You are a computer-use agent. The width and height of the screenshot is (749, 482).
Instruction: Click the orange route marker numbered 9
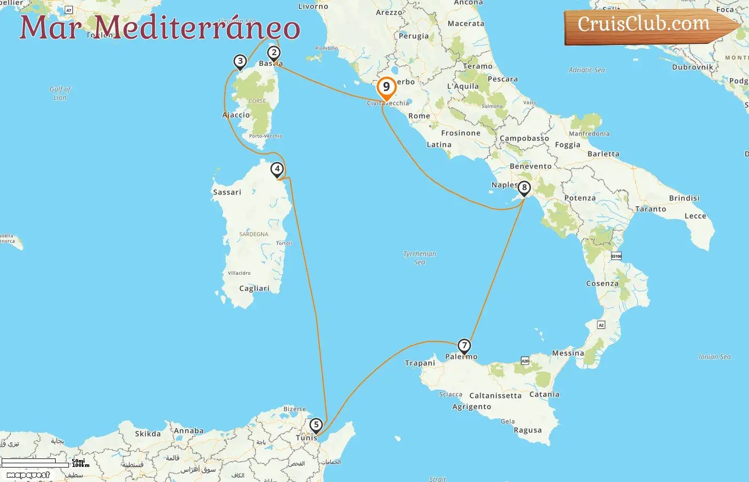[386, 87]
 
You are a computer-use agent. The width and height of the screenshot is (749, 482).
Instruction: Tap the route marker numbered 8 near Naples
[524, 188]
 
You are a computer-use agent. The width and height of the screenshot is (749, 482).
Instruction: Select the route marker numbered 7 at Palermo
[464, 346]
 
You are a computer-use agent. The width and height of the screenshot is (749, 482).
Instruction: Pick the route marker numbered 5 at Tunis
[316, 425]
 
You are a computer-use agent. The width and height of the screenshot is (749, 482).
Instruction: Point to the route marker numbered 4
[277, 169]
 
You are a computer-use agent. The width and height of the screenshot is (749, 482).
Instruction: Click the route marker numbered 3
[240, 62]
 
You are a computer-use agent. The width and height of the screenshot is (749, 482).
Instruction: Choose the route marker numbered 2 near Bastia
[274, 53]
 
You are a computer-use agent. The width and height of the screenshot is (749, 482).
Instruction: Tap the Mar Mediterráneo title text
[159, 28]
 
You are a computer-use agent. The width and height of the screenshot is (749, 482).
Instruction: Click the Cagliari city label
[254, 288]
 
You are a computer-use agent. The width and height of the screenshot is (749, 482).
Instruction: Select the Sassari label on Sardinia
[227, 192]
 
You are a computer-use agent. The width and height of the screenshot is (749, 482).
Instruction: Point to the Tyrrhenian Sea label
[419, 258]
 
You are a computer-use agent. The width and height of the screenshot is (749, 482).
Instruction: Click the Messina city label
[568, 353]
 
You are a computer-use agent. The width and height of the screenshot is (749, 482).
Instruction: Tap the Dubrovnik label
[692, 67]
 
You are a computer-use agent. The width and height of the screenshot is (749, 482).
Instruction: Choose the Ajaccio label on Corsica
[236, 115]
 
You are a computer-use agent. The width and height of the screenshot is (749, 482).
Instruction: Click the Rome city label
[419, 116]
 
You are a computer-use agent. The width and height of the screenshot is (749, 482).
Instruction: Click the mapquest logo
[28, 475]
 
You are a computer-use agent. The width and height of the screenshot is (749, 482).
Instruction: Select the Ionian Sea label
[714, 357]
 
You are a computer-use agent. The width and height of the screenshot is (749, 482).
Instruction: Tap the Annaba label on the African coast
[188, 431]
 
